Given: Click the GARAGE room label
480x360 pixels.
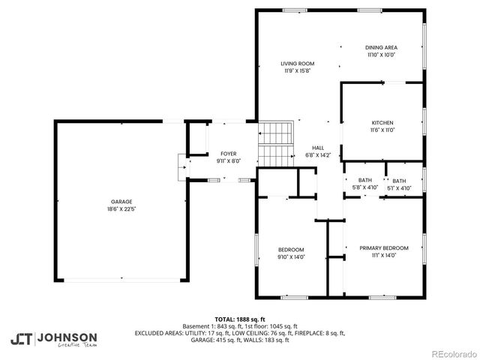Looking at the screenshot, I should coord(121,202).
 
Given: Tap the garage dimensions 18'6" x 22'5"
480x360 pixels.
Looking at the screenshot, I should coord(121,208).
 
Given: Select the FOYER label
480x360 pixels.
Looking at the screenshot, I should coord(228,154).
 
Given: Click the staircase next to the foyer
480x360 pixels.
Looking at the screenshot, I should coord(274,143).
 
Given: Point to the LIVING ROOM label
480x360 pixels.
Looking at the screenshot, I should coord(297,64).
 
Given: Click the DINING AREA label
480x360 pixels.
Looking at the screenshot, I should coord(381,47).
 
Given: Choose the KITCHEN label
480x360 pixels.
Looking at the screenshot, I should coord(382,123).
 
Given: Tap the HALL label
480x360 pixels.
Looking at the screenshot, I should coord(318,148).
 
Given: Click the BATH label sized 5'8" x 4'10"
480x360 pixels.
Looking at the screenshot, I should coord(364,180).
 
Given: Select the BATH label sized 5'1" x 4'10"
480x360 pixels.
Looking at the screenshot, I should coord(399,181).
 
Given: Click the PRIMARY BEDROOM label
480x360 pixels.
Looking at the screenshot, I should coord(383,248).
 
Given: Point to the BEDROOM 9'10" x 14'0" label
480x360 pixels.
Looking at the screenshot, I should coord(291,250).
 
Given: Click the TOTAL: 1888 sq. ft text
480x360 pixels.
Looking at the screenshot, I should coord(239,318).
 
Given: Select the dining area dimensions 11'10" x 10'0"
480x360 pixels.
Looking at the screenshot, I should coord(381,55).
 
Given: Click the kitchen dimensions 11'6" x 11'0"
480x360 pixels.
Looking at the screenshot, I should coord(382,130).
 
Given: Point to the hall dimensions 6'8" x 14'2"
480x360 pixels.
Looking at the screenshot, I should coord(318,154).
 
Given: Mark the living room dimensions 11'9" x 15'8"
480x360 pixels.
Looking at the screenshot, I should coord(297,71).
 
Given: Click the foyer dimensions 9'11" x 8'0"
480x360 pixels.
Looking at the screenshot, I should coord(228,160).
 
